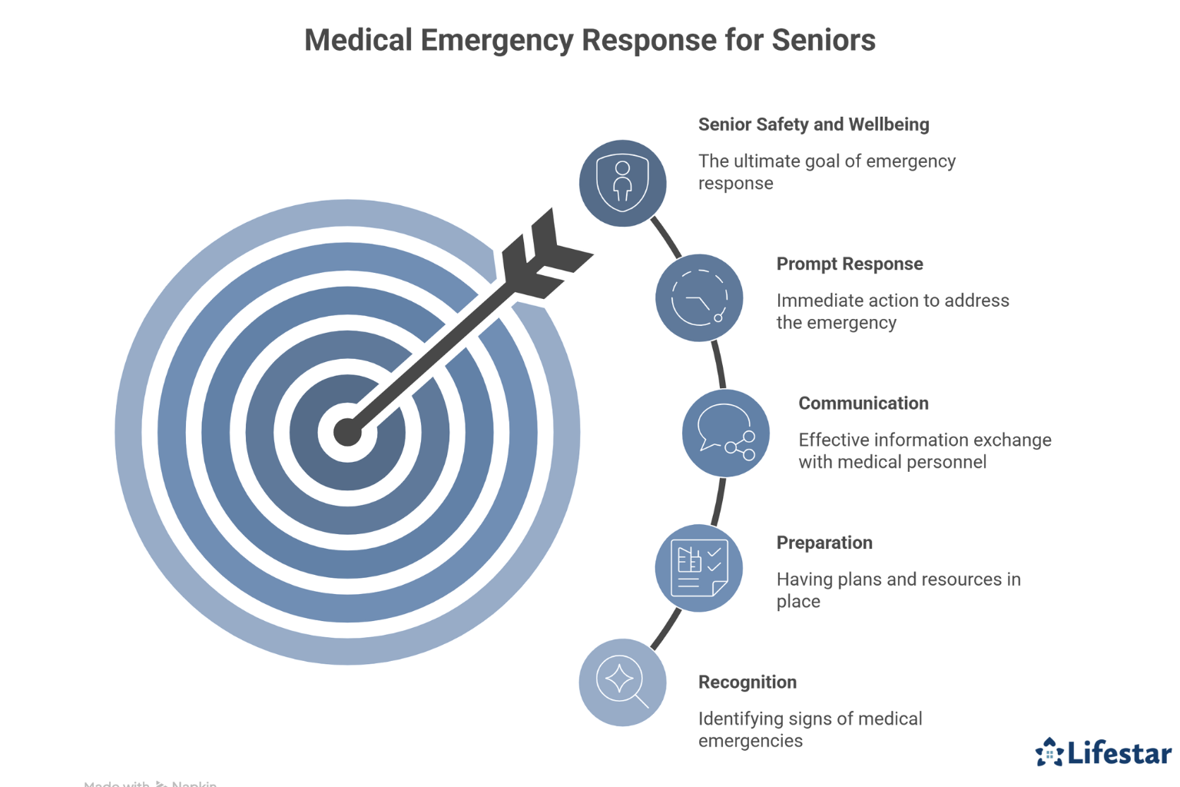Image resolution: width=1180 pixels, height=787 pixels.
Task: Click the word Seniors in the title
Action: [823, 40]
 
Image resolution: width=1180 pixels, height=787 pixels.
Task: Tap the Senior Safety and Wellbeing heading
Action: [813, 125]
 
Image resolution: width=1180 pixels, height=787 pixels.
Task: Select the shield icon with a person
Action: [622, 183]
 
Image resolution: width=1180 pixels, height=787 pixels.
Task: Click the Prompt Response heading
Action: [849, 264]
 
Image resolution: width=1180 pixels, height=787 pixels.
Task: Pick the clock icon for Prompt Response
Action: [699, 298]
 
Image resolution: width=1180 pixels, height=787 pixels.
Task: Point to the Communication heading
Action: [863, 403]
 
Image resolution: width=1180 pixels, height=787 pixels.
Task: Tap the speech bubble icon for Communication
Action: [725, 433]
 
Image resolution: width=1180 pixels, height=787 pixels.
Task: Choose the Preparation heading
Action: [824, 543]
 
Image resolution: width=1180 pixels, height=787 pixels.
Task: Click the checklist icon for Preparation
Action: [698, 569]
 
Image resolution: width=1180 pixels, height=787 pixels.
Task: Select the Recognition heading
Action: [747, 682]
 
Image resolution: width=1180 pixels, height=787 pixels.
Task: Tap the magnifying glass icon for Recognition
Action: [622, 682]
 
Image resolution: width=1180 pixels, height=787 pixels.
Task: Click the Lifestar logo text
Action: [1119, 753]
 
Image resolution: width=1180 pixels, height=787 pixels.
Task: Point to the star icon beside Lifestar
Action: [1049, 752]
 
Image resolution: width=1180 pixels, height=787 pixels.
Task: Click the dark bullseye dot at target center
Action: [347, 433]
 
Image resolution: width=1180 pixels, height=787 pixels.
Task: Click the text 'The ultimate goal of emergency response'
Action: [826, 172]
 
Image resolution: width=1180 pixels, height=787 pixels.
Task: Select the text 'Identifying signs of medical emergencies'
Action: [810, 729]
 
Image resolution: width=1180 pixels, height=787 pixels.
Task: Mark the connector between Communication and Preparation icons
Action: [718, 501]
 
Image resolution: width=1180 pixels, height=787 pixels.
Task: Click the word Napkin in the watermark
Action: [194, 783]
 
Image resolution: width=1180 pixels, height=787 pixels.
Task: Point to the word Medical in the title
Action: [358, 40]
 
